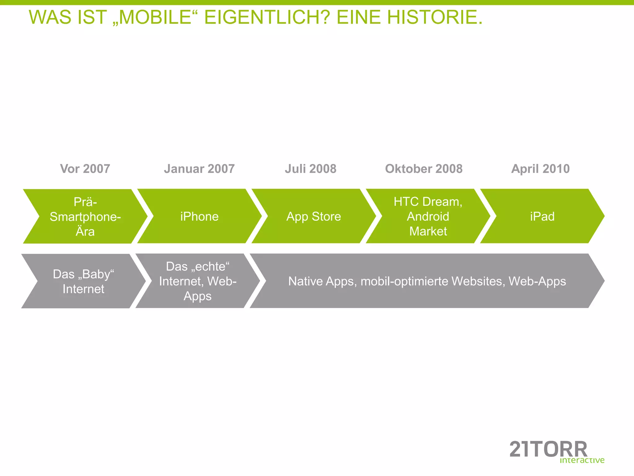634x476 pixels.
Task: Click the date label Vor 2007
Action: [x=85, y=169]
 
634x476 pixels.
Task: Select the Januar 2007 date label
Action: [x=199, y=169]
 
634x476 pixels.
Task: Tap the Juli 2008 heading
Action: [x=310, y=169]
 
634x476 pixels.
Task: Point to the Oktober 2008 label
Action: [x=424, y=169]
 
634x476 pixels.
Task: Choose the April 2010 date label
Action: [x=541, y=169]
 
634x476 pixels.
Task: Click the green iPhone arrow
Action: [x=199, y=216]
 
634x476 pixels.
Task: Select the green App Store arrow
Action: [x=314, y=216]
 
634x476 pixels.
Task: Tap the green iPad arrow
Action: [x=542, y=216]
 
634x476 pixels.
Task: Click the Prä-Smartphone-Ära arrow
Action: [x=85, y=216]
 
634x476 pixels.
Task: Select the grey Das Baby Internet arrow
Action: [x=84, y=281]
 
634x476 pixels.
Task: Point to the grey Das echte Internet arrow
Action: [x=198, y=281]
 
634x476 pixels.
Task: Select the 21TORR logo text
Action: [x=548, y=449]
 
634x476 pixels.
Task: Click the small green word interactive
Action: [x=582, y=460]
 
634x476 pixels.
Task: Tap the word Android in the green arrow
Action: [x=428, y=216]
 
